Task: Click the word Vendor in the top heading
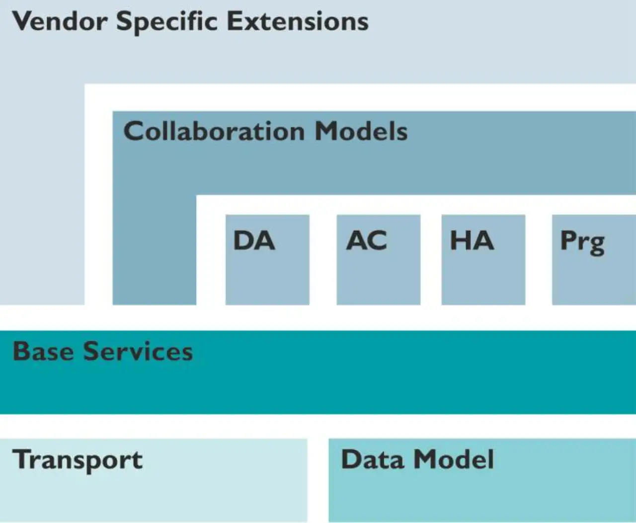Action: (x=60, y=21)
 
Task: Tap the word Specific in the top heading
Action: (x=167, y=23)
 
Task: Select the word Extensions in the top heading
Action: (x=298, y=21)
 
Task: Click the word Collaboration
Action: (x=214, y=131)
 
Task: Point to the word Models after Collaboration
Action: (x=361, y=131)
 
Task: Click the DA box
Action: (x=267, y=260)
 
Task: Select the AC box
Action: (x=379, y=260)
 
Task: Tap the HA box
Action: (x=483, y=260)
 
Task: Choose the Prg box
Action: (x=594, y=260)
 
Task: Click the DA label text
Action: (x=254, y=240)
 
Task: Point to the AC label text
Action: (x=366, y=240)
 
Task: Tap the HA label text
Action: (x=472, y=240)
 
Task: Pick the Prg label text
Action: (x=582, y=243)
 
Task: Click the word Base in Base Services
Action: (x=43, y=351)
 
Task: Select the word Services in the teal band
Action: (x=138, y=351)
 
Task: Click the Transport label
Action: (x=77, y=461)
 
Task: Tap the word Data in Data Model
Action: (x=373, y=459)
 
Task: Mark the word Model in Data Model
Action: (x=454, y=459)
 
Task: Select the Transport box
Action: (x=154, y=480)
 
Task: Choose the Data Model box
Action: (x=482, y=480)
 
